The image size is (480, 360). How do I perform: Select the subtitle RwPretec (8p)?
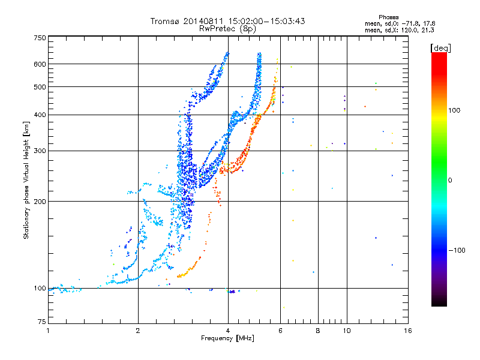227,29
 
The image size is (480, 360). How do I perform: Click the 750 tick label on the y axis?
40,38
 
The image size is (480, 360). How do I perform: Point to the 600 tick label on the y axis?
40,64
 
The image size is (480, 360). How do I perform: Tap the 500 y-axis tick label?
40,87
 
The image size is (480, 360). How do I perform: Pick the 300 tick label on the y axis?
40,151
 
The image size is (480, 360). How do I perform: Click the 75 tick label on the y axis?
42,322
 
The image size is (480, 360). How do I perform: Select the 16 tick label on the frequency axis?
408,331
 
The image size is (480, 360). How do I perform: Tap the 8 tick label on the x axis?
318,331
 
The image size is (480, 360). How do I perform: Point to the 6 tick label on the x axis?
280,331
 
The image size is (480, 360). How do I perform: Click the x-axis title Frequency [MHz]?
227,338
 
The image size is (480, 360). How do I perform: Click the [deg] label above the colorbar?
440,49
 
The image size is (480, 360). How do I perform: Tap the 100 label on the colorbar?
454,110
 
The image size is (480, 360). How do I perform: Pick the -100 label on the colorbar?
457,250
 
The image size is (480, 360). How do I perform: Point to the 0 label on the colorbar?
450,181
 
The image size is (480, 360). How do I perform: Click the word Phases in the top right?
388,17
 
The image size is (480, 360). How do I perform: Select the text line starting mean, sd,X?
399,31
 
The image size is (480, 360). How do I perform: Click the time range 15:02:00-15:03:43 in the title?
266,21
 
